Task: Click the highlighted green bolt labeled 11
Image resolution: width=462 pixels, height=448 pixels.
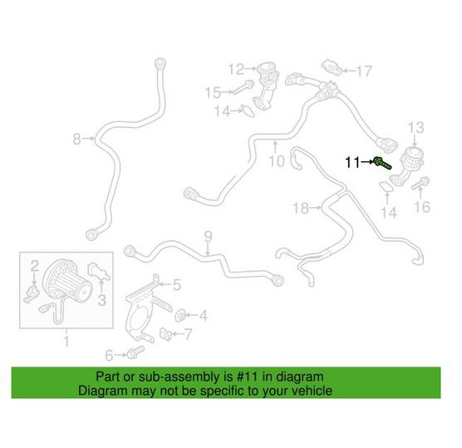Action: tap(382, 164)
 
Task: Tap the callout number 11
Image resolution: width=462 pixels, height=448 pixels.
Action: tap(352, 162)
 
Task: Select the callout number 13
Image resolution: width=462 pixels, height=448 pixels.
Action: tap(415, 128)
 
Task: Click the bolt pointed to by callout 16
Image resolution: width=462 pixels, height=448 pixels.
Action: tap(420, 183)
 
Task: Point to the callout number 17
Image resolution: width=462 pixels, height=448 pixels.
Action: tap(364, 71)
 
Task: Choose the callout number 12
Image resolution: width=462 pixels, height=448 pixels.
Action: tap(236, 69)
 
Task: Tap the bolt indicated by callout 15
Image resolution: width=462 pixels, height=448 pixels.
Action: tap(243, 87)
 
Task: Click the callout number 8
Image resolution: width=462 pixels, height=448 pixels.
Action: tap(76, 139)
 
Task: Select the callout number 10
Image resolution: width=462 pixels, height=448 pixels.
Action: tap(277, 161)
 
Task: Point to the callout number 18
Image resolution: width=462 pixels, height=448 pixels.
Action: tap(301, 208)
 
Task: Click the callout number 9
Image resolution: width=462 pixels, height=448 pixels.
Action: tap(208, 236)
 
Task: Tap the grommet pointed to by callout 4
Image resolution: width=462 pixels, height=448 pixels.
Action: tap(179, 316)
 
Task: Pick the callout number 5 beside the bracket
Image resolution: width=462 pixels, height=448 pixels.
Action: tap(176, 285)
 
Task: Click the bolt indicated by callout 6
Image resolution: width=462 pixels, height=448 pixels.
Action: tap(135, 352)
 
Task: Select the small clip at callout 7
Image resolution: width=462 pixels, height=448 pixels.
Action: tap(165, 334)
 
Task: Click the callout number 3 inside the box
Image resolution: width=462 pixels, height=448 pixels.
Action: tap(101, 300)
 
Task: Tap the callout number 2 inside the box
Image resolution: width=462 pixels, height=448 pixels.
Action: tap(35, 266)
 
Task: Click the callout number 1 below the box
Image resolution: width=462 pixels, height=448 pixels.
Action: tap(66, 341)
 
